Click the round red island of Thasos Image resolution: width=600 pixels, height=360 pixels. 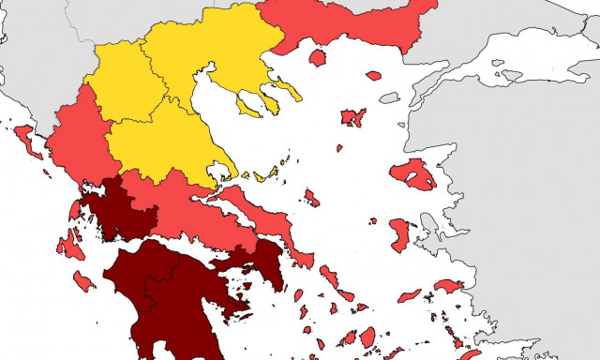317,58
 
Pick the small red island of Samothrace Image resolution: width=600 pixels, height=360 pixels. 374,76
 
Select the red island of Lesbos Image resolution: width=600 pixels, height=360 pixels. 412,174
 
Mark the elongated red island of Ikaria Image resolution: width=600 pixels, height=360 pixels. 410,295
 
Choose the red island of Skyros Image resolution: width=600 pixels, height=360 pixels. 311,198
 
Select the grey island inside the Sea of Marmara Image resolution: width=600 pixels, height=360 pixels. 512,75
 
